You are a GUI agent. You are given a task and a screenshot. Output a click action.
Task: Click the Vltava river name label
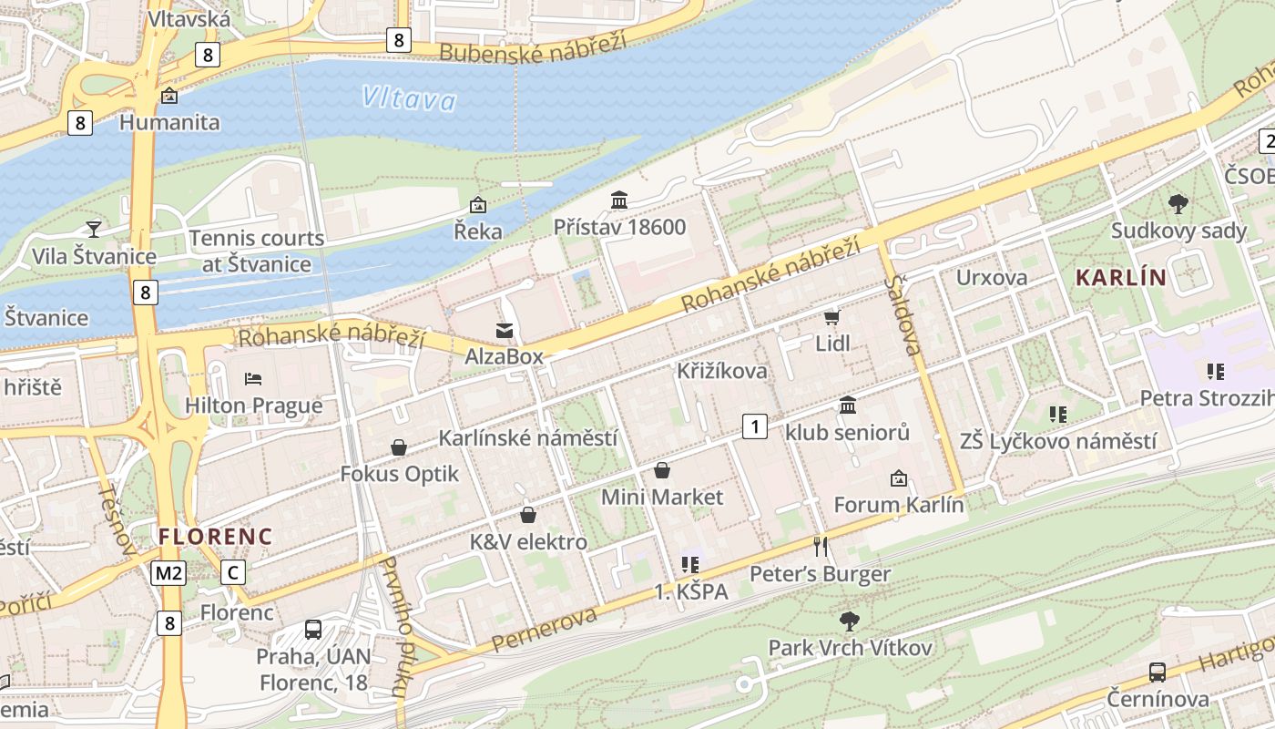408,98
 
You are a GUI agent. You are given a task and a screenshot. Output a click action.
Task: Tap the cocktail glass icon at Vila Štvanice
93,228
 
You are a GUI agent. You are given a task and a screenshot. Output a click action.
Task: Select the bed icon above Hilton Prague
253,378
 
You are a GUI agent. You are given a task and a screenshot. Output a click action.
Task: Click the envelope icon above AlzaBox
504,329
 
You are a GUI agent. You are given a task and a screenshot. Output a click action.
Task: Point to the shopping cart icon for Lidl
831,317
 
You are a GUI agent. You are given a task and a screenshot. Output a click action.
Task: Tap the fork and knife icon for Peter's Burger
821,546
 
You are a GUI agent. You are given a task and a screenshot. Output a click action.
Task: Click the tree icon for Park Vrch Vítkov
850,621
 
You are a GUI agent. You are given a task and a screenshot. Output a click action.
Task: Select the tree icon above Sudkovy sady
1178,203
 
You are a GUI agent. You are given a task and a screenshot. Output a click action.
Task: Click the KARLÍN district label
1120,278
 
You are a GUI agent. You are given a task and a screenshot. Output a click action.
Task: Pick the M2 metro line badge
168,572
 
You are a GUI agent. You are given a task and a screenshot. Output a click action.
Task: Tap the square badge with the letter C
233,572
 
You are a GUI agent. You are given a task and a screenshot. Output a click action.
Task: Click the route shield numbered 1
754,426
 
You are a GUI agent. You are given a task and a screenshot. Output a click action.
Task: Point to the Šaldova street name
903,313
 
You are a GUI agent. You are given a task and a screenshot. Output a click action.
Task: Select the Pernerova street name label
545,629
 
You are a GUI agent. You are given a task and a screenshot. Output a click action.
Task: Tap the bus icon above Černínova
1157,673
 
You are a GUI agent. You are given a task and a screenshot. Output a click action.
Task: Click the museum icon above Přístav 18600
619,200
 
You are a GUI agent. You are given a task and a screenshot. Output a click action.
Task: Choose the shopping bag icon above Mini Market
662,470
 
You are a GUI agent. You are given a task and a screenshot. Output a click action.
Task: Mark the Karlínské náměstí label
527,438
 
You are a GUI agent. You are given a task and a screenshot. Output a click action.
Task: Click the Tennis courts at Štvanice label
256,252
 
